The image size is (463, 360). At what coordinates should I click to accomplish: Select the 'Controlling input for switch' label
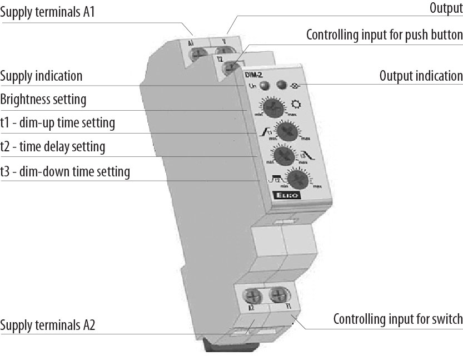pyautogui.click(x=397, y=319)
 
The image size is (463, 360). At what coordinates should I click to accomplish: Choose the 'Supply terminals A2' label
pyautogui.click(x=48, y=325)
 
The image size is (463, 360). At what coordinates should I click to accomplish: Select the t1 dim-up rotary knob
pyautogui.click(x=287, y=132)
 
